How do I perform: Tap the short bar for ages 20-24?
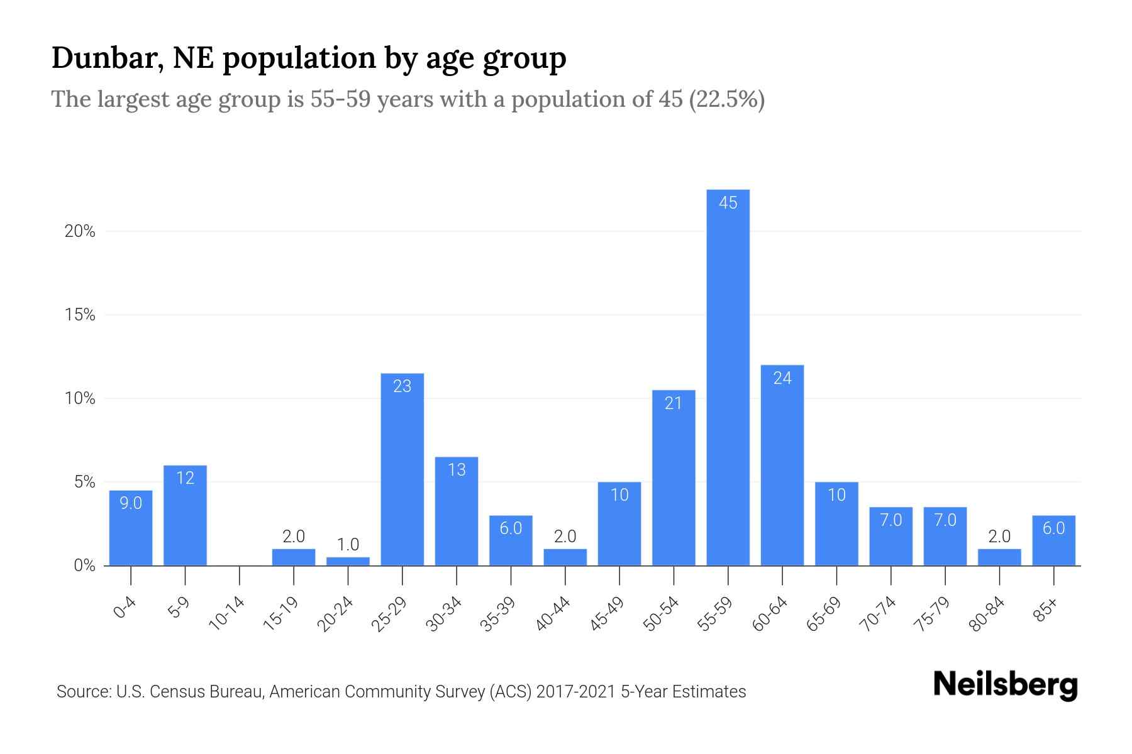click(x=348, y=561)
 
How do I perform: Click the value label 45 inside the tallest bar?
click(x=728, y=203)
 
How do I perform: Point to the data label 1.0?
click(x=348, y=544)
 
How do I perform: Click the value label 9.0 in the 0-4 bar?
click(x=131, y=503)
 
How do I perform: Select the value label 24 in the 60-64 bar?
click(x=782, y=378)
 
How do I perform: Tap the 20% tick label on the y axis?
click(x=80, y=232)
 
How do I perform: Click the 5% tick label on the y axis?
click(x=84, y=483)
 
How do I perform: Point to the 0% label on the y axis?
click(x=84, y=566)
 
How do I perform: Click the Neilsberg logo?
click(x=1005, y=685)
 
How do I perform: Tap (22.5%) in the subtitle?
click(x=726, y=99)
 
